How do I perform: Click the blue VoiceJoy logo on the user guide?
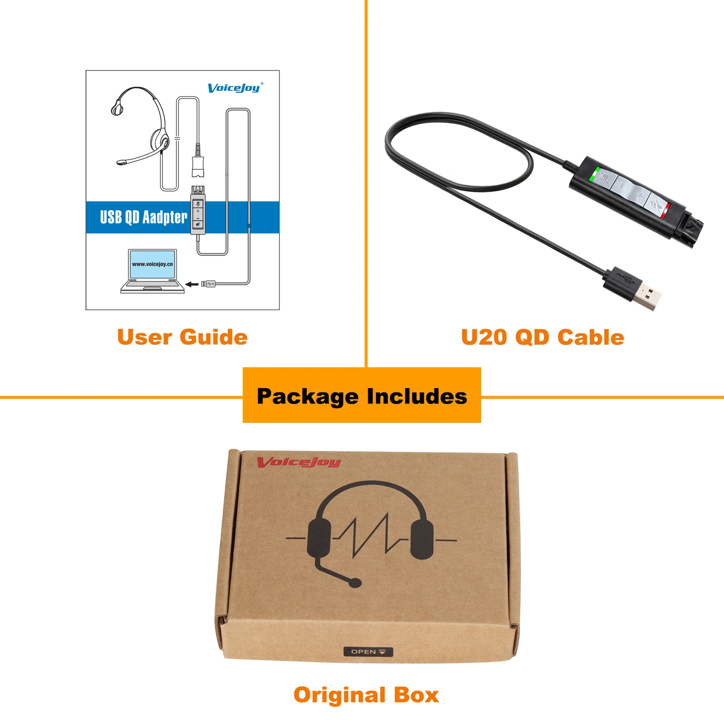[x=235, y=88]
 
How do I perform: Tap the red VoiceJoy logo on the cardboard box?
[x=299, y=462]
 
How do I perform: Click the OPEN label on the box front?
[x=368, y=652]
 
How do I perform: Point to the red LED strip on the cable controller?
[x=665, y=211]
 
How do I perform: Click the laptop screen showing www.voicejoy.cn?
[x=152, y=264]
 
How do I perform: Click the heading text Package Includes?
[x=362, y=396]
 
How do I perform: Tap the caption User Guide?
[x=182, y=337]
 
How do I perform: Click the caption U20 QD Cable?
[x=543, y=337]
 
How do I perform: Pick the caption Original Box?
[x=366, y=695]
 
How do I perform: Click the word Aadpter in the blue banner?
[x=165, y=217]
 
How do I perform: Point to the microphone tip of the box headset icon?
[x=355, y=583]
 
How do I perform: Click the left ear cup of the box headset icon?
[x=319, y=538]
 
